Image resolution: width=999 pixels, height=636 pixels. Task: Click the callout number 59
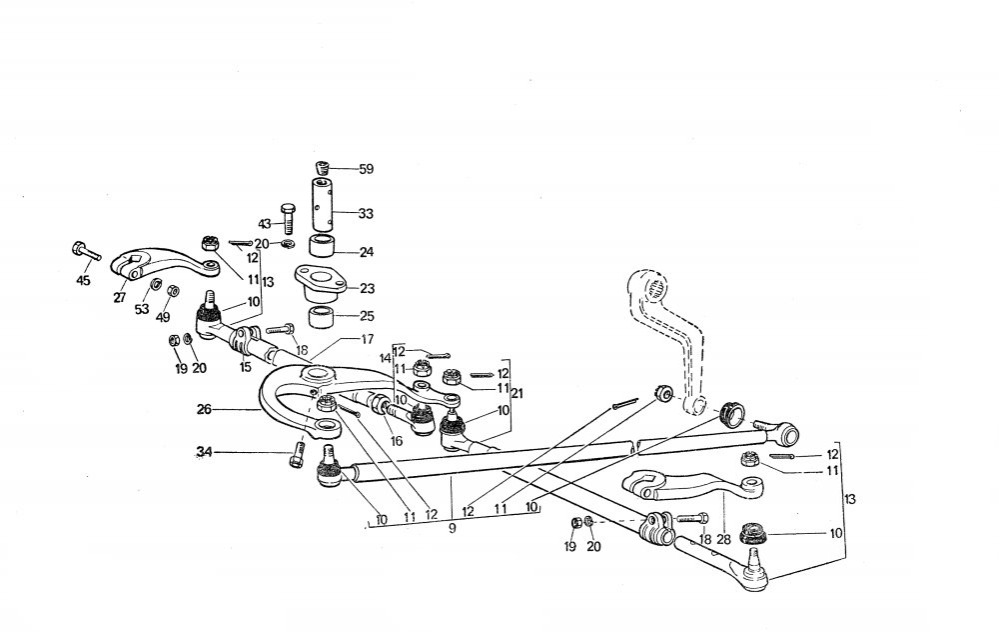click(366, 170)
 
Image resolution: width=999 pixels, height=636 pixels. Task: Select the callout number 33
click(366, 213)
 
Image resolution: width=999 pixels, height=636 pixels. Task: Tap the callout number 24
click(366, 252)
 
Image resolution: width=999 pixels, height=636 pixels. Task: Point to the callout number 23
click(367, 289)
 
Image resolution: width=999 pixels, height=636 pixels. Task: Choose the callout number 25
click(366, 316)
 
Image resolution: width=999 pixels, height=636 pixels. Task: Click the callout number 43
click(265, 222)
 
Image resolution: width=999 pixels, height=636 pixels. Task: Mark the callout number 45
click(83, 281)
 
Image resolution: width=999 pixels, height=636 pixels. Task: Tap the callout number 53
click(142, 310)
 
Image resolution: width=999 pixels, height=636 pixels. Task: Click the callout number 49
click(163, 317)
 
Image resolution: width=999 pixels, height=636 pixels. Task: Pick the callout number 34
click(205, 454)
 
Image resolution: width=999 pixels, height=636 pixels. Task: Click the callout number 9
click(452, 528)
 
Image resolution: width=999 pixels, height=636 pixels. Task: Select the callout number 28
click(723, 540)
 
